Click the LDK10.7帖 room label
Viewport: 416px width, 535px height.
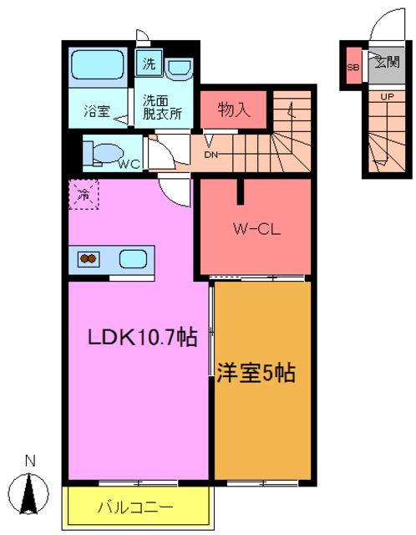[x=143, y=337]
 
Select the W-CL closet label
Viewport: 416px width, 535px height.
[x=255, y=227]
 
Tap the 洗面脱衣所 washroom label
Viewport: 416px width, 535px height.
[x=160, y=107]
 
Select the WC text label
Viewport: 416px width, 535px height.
[x=128, y=165]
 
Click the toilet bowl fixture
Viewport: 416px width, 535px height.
[x=104, y=153]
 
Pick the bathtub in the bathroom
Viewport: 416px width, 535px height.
[x=98, y=65]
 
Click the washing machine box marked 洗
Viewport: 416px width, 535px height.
[x=148, y=64]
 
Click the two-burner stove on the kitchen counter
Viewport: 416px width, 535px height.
[x=89, y=259]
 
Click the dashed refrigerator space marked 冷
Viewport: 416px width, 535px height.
[x=84, y=195]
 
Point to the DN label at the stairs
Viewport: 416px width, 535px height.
[x=211, y=154]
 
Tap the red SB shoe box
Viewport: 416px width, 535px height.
[x=353, y=68]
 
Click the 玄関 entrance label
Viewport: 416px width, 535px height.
[x=386, y=62]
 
